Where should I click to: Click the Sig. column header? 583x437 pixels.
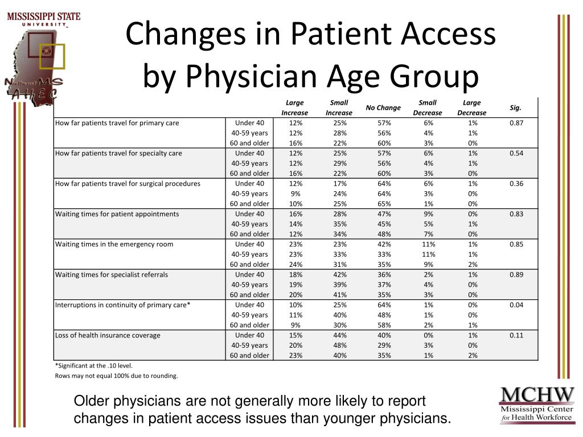tap(516, 108)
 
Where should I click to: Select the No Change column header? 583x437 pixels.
tap(383, 108)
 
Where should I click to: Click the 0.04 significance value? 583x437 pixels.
tap(516, 305)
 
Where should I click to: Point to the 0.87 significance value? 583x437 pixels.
tap(516, 123)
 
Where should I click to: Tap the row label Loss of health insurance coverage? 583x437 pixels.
tap(108, 335)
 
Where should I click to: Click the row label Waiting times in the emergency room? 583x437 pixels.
tap(114, 244)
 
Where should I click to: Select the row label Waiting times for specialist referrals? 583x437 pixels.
tap(112, 274)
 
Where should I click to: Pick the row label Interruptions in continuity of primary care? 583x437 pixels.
tap(122, 305)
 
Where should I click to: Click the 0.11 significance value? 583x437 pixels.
tap(516, 335)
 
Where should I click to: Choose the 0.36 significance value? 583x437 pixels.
tap(516, 184)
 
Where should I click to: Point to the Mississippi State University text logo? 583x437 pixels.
tap(43, 18)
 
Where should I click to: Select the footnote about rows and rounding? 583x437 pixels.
tap(116, 376)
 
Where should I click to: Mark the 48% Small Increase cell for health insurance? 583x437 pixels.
tap(339, 345)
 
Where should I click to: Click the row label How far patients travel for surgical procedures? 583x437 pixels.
tap(128, 184)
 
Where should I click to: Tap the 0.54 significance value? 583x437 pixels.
tap(516, 153)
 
